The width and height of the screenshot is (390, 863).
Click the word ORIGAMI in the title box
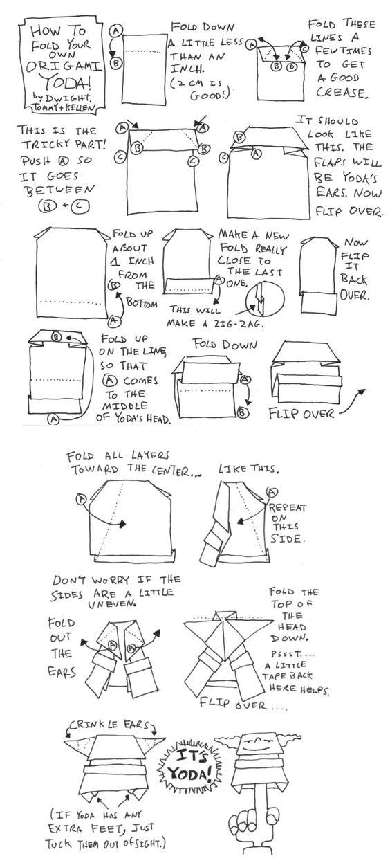point(64,66)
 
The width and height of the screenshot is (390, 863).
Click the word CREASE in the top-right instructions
point(341,93)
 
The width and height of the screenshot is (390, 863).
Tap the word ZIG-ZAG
point(235,324)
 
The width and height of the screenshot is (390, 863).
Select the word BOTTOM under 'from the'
point(142,303)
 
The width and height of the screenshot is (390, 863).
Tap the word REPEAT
point(288,507)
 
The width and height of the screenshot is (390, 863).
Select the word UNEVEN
point(112,603)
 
